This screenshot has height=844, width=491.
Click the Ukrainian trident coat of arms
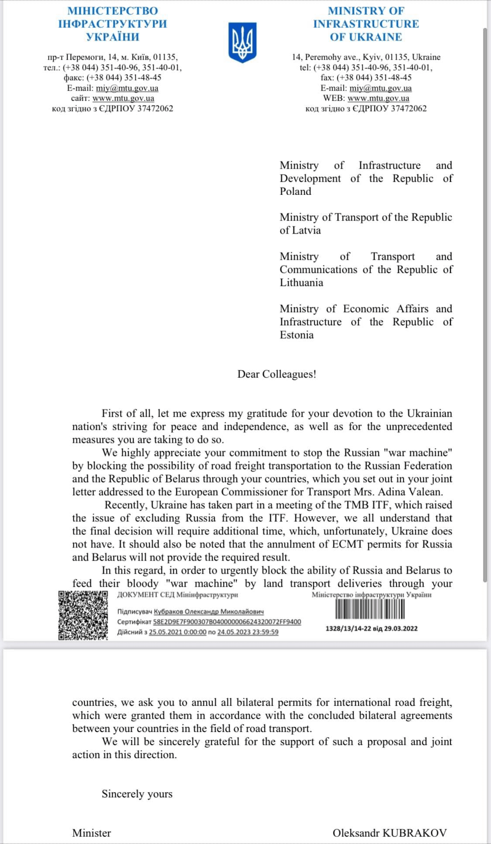coord(242,42)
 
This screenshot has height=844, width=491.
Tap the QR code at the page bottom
coord(83,615)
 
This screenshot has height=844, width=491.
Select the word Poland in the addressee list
coord(295,191)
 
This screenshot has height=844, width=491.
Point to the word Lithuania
coord(302,282)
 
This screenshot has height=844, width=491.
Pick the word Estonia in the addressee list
coord(297,335)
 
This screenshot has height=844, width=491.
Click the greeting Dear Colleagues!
coord(277,374)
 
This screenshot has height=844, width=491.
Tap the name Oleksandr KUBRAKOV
coord(390,833)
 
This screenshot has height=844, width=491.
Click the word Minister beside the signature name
coord(92,833)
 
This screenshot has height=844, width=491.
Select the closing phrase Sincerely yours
coord(137,793)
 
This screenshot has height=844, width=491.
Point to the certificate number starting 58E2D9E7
coord(227,622)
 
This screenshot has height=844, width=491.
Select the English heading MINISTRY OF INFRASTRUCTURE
coord(366,17)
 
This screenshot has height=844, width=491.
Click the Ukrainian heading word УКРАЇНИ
coord(113,37)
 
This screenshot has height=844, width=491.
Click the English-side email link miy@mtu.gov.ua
coord(381,88)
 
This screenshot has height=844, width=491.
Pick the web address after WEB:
coord(378,98)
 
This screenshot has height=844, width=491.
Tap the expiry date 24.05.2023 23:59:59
coord(247,632)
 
